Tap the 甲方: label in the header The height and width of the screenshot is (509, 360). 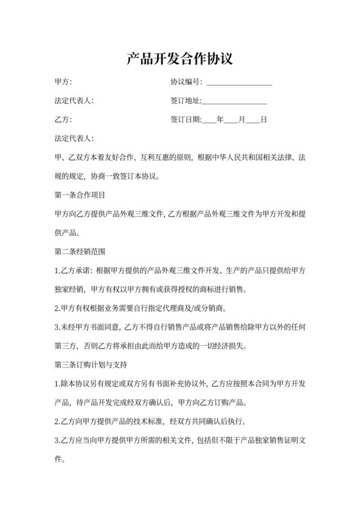(x=64, y=82)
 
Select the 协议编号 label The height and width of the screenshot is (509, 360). (x=186, y=82)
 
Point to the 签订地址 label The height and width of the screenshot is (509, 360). (x=186, y=101)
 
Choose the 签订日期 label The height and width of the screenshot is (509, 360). (x=186, y=120)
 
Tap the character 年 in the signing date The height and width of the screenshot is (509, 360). (x=221, y=120)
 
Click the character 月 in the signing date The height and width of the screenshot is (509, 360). (x=242, y=120)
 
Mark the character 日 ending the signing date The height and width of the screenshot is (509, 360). (x=263, y=120)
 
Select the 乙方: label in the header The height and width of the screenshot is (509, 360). (x=64, y=120)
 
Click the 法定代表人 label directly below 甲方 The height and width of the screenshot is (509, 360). (x=75, y=101)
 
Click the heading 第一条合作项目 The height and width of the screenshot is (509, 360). (x=80, y=194)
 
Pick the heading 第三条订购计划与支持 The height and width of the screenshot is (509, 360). (x=91, y=366)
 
